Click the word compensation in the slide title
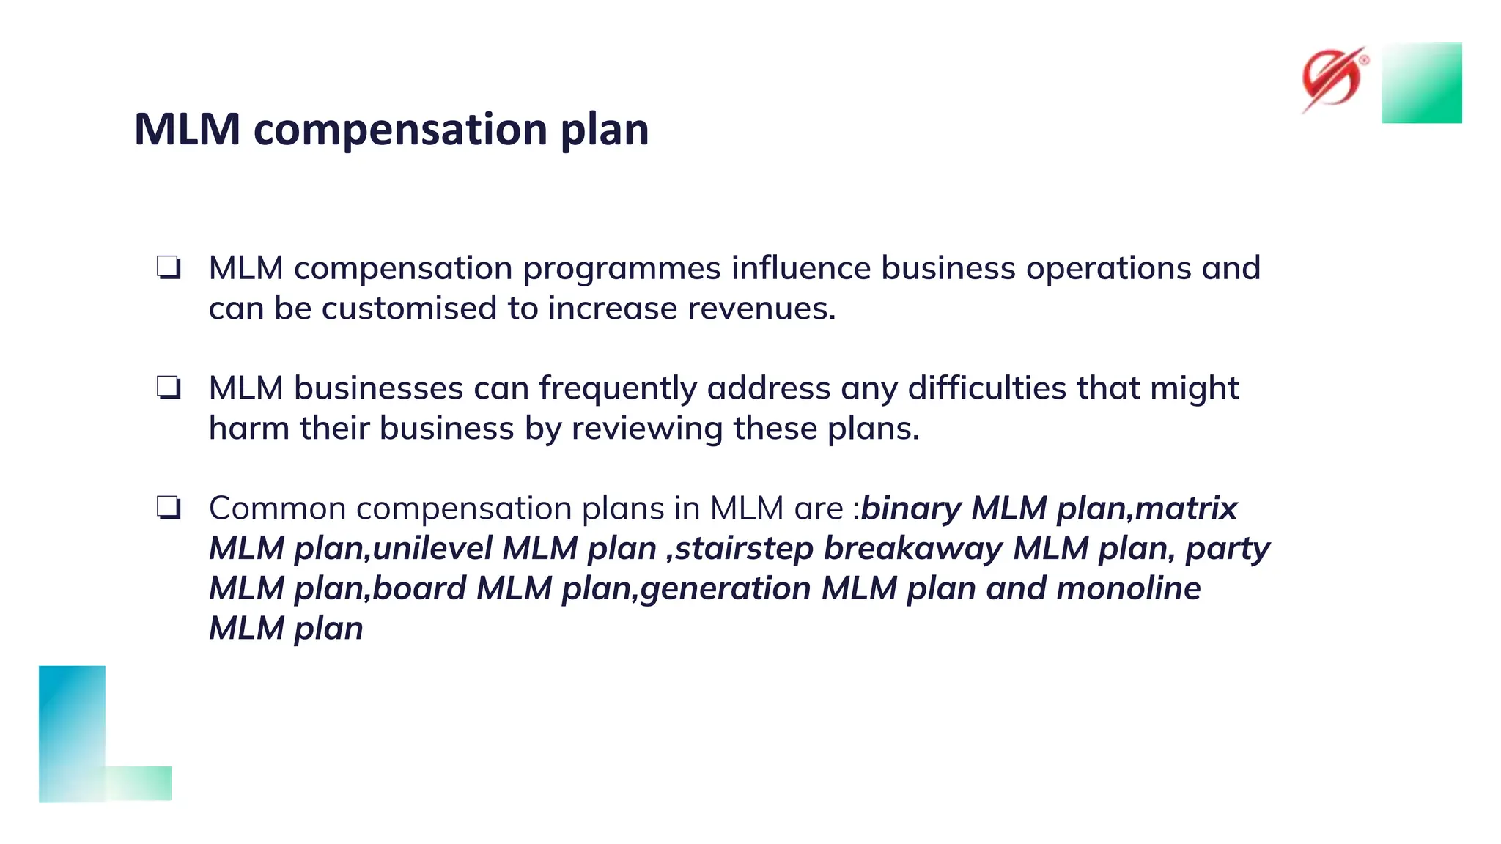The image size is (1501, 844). [x=402, y=130]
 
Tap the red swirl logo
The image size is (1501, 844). [x=1333, y=79]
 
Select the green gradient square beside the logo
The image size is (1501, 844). [x=1421, y=83]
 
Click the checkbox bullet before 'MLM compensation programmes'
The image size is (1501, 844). [x=169, y=267]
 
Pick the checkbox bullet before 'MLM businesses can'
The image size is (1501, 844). [x=169, y=388]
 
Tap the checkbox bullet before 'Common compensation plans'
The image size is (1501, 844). [x=169, y=508]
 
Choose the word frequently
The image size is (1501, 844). [x=618, y=388]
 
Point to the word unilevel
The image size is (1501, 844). [x=432, y=549]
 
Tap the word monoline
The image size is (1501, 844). [x=1128, y=588]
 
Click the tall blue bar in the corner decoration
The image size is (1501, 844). [x=72, y=733]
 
